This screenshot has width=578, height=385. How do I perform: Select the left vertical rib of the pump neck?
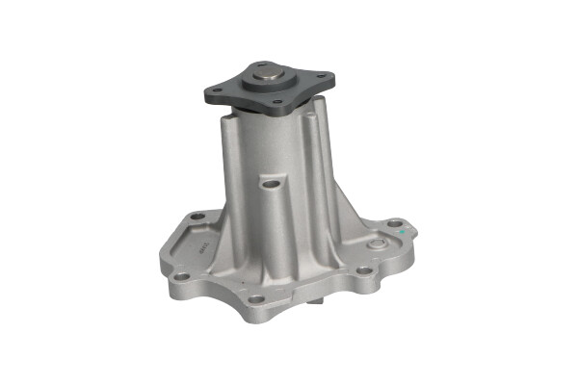point(227,164)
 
